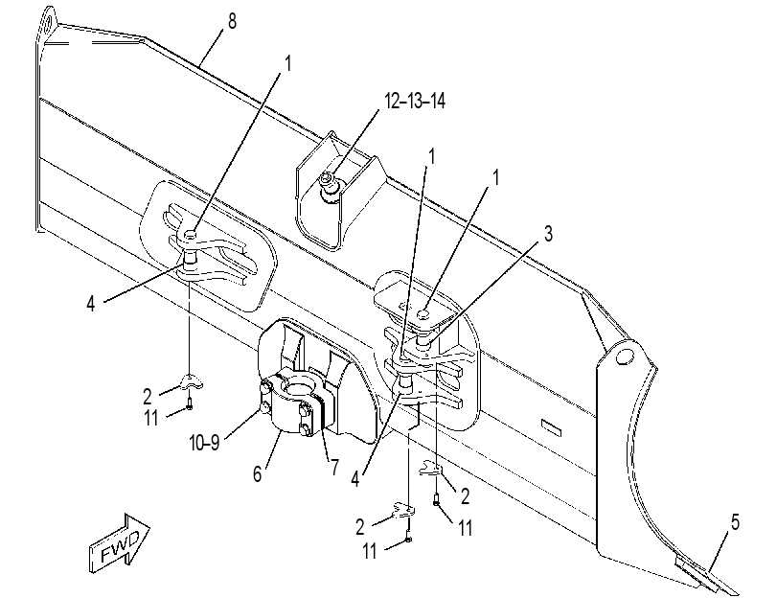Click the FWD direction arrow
coord(119,543)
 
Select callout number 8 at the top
coord(233,21)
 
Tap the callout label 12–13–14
coord(415,101)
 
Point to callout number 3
coord(548,234)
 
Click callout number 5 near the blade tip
coord(735,521)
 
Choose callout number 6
coord(257,473)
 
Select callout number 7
coord(335,467)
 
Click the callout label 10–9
coord(204,442)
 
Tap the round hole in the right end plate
coord(625,356)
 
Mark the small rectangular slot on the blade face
coord(551,427)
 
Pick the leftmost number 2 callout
coord(147,397)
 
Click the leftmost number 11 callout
coord(151,418)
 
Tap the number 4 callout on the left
coord(90,303)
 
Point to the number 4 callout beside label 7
coord(354,479)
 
